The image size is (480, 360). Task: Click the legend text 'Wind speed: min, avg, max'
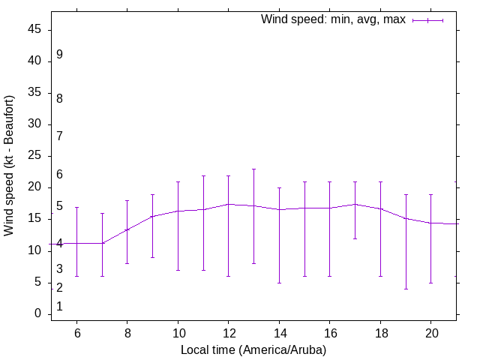(332, 19)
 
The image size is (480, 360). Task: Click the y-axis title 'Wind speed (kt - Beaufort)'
(10, 166)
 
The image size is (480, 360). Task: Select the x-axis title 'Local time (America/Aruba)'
(253, 349)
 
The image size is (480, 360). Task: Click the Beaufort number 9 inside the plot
(59, 55)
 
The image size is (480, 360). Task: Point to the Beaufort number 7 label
(59, 136)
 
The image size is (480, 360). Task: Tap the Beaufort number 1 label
(59, 306)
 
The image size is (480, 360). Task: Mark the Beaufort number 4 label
(59, 244)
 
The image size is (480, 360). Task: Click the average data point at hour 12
(229, 204)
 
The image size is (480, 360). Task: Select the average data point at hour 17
(355, 204)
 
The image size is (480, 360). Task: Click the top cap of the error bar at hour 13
(253, 169)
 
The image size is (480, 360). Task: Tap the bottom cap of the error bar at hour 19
(406, 289)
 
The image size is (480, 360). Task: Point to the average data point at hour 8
(127, 229)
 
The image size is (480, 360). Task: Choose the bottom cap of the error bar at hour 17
(355, 238)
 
